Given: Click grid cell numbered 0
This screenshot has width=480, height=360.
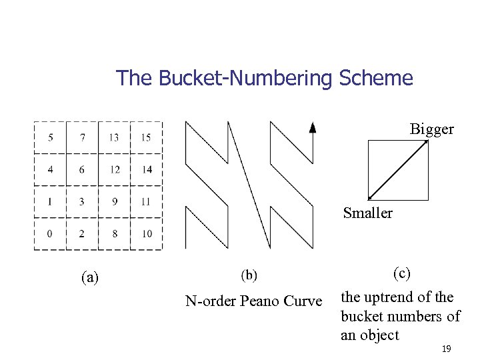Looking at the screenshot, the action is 51,233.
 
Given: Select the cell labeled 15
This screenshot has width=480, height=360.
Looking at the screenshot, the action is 146,137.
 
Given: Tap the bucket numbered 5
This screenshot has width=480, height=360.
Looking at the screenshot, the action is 51,137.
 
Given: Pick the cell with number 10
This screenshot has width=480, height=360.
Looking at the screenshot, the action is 146,233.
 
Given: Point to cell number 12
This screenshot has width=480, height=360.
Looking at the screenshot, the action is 115,169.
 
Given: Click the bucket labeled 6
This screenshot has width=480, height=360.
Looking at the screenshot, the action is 82,169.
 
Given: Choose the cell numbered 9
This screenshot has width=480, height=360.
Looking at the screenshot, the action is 115,201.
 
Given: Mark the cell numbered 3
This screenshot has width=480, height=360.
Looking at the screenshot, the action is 82,201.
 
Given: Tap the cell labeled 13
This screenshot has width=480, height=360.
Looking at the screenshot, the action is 115,137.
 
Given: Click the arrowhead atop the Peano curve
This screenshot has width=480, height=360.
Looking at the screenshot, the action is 313,128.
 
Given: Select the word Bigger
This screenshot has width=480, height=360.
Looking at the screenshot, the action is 431,129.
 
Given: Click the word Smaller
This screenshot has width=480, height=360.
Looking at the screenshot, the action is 368,213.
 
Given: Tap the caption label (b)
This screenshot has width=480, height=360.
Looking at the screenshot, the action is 249,274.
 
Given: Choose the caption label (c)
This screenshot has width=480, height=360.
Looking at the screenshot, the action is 401,273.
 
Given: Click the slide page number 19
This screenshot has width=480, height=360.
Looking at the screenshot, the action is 446,349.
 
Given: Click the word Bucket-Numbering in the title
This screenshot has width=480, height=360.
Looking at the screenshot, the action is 247,79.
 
